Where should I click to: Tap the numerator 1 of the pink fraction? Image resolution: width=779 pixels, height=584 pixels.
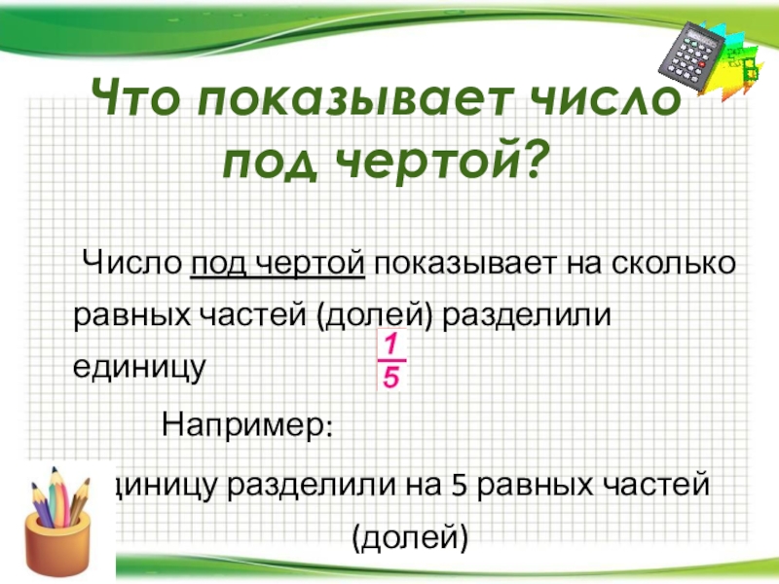coord(389,344)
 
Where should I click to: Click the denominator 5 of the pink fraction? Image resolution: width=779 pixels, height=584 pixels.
coord(390,378)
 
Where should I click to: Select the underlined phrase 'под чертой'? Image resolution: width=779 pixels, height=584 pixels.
coord(278,263)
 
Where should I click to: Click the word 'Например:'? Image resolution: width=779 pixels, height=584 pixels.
coord(247,424)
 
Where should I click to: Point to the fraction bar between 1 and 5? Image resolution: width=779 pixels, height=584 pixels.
coord(390,360)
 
